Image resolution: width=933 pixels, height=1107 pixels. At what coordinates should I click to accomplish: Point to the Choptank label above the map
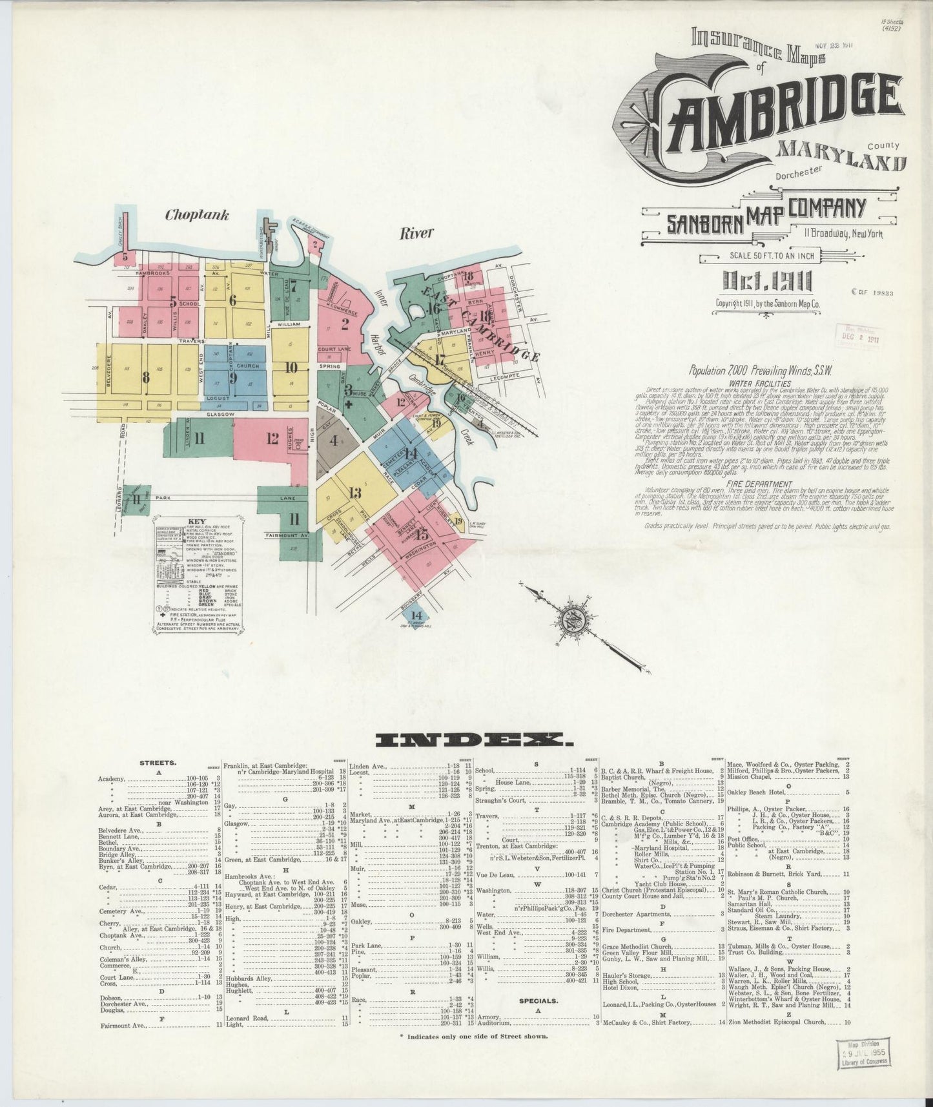(197, 215)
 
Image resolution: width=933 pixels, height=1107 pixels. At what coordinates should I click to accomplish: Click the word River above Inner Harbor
(416, 233)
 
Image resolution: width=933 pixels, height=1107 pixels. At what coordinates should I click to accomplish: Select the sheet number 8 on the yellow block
(147, 377)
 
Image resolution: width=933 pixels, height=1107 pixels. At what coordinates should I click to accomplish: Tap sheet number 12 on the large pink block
(272, 438)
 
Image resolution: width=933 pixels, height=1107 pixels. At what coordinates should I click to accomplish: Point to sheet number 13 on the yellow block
(354, 493)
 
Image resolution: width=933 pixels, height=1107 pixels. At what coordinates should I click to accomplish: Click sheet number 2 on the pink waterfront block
(345, 324)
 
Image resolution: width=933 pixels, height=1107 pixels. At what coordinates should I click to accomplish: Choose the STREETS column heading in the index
(158, 763)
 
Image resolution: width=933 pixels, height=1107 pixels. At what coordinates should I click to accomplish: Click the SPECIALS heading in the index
(538, 1002)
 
